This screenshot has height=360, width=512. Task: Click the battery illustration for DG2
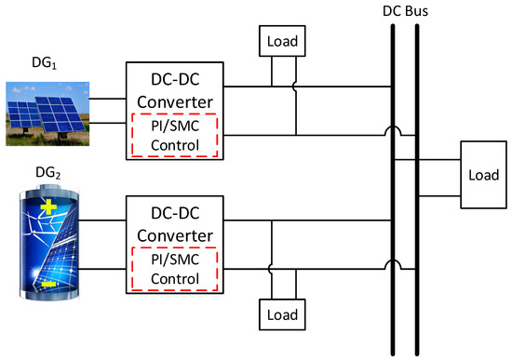click(x=49, y=247)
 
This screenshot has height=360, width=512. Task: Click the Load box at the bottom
click(x=280, y=315)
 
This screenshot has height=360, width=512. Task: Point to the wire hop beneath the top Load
click(x=296, y=89)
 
